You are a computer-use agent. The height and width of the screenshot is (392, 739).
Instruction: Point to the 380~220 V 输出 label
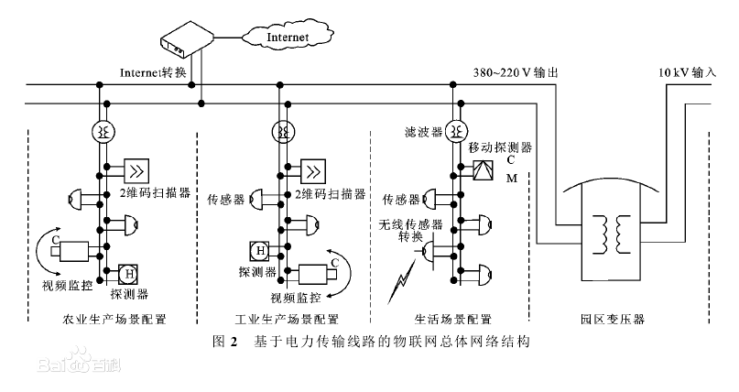[x=514, y=72]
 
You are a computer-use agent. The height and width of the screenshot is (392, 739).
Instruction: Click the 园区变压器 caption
[x=613, y=321]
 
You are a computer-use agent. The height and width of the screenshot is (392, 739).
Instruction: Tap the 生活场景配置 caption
[x=452, y=321]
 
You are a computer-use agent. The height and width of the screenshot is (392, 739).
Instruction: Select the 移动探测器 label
[x=500, y=147]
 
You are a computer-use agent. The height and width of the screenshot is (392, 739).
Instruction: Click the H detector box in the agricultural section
[x=130, y=273]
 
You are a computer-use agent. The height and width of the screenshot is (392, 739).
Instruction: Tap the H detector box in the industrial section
[x=259, y=249]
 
